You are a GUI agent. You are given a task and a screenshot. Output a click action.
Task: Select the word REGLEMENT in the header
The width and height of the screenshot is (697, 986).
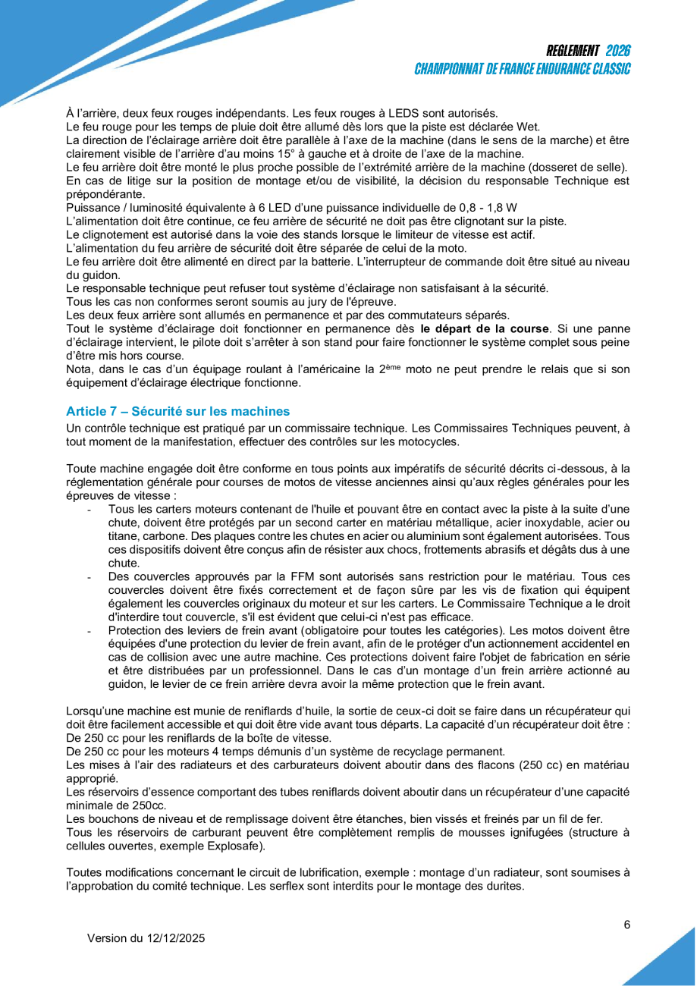pos(573,52)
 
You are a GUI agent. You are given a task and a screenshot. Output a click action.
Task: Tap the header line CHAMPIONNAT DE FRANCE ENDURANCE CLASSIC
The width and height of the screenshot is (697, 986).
pos(523,69)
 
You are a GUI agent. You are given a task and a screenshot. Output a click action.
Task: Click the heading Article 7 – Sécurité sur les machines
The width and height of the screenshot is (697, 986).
pos(178,411)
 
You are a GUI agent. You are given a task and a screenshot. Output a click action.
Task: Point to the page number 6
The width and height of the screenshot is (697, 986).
pos(627,925)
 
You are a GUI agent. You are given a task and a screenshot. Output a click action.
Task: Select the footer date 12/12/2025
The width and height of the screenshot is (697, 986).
pos(175,938)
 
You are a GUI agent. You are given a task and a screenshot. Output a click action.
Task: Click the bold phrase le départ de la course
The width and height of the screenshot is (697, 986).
pos(485,328)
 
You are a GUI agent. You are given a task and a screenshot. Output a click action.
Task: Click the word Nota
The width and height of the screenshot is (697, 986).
pos(79,369)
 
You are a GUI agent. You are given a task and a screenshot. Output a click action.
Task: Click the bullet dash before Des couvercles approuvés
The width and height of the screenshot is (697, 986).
pos(90,579)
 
